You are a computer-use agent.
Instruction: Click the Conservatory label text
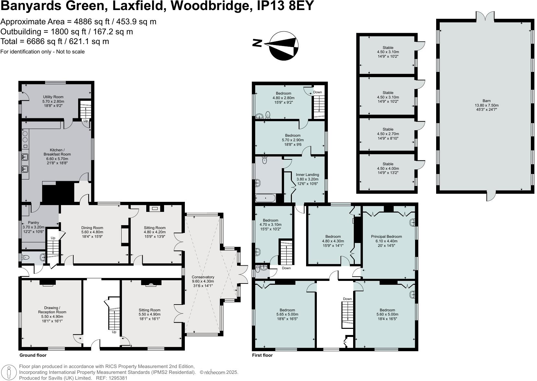[x=203, y=281]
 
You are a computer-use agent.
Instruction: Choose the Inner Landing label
[x=307, y=179]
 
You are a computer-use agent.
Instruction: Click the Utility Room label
[x=53, y=101]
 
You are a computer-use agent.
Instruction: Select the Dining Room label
[x=92, y=232]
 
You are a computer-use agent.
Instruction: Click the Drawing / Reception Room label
[x=52, y=314]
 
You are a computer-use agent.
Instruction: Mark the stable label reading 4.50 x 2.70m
[x=388, y=134]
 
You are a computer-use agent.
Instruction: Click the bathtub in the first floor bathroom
[x=266, y=198]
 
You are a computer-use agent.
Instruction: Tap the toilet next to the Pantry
[x=26, y=258]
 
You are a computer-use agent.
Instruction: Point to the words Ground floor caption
[x=33, y=355]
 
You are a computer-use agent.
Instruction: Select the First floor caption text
[x=262, y=355]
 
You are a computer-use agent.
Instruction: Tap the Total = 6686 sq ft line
[x=54, y=41]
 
